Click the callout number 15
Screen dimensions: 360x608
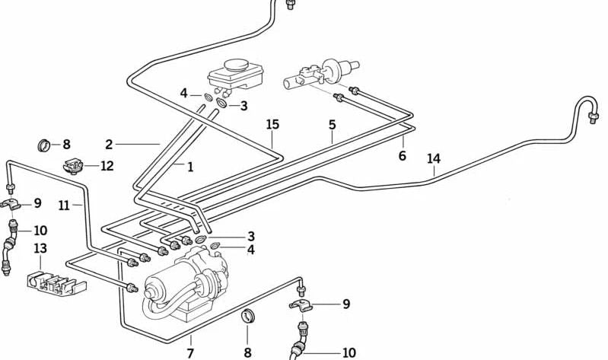pos(273,124)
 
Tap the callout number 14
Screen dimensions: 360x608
pos(434,159)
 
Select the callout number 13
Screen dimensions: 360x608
pos(40,249)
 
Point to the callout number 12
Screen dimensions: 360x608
pos(107,166)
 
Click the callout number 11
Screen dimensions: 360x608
pos(64,205)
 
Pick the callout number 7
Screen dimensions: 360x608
pos(190,352)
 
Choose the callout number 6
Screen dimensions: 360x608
pos(403,156)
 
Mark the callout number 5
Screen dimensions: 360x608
pos(332,124)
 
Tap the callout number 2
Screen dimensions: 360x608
pos(109,144)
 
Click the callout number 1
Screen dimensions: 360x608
pos(189,167)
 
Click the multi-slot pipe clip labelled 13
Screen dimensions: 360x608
pos(56,282)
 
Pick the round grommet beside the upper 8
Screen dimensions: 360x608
pos(45,145)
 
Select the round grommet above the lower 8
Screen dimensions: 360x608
pos(247,317)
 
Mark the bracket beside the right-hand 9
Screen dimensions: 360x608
pos(304,306)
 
